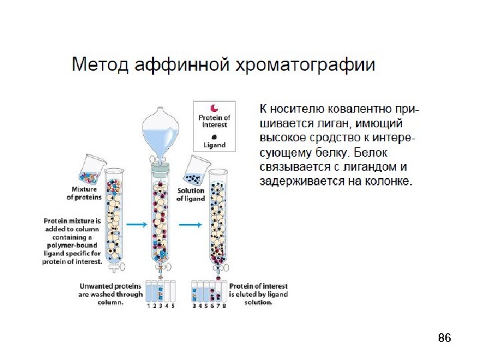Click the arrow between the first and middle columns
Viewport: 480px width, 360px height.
click(137, 226)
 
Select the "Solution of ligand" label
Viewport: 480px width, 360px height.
click(191, 194)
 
